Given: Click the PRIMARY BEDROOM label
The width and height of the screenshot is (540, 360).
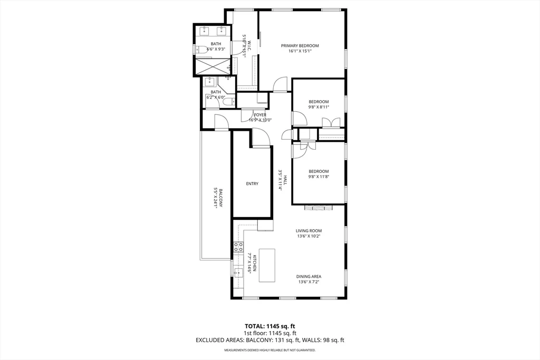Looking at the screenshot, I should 300,46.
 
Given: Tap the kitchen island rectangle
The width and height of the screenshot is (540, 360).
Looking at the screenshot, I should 267,265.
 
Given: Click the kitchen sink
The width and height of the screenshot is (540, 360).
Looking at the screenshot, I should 238,273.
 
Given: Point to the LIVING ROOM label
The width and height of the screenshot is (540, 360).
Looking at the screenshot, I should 308,230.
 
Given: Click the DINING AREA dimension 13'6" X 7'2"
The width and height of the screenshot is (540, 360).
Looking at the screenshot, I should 308,283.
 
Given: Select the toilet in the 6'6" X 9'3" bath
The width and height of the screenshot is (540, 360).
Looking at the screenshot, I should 201,50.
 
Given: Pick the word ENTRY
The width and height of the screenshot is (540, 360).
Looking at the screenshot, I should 252,183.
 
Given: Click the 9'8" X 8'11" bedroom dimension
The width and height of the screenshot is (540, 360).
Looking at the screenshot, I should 319,107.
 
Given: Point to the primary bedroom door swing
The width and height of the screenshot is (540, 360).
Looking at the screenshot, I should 281,84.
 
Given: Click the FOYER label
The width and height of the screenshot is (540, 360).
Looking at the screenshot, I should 260,114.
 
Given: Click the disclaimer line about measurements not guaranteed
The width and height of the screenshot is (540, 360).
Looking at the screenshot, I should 269,350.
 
